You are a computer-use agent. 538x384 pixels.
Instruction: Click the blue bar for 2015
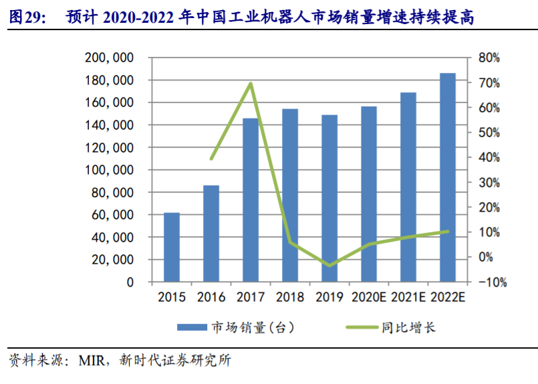(x=172, y=247)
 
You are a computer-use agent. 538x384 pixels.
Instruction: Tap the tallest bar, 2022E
(x=447, y=177)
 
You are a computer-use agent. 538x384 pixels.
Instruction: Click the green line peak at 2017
(x=251, y=84)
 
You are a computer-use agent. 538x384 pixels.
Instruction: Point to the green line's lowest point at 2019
(x=329, y=266)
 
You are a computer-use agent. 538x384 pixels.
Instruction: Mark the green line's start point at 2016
(x=211, y=159)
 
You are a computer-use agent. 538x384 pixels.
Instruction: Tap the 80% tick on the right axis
(x=489, y=58)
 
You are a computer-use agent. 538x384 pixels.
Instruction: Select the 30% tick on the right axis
(x=489, y=183)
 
